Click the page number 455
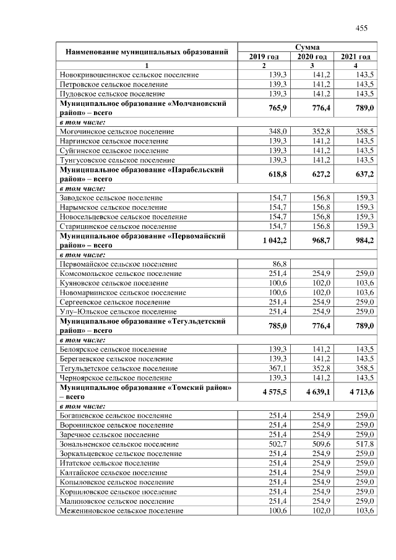click(x=361, y=28)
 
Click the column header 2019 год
click(x=264, y=57)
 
